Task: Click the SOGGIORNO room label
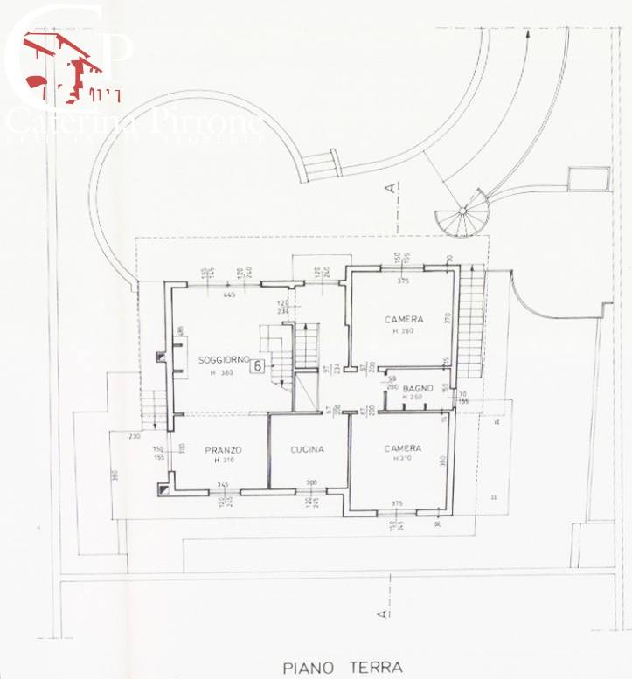[x=225, y=360]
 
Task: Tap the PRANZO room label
[x=223, y=449]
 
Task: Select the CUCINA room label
[x=308, y=449]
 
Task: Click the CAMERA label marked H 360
[x=404, y=320]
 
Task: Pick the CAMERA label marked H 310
[x=403, y=447]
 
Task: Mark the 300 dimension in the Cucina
[x=310, y=483]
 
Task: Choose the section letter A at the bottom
[x=382, y=615]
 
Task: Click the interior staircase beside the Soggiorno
[x=307, y=346]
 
